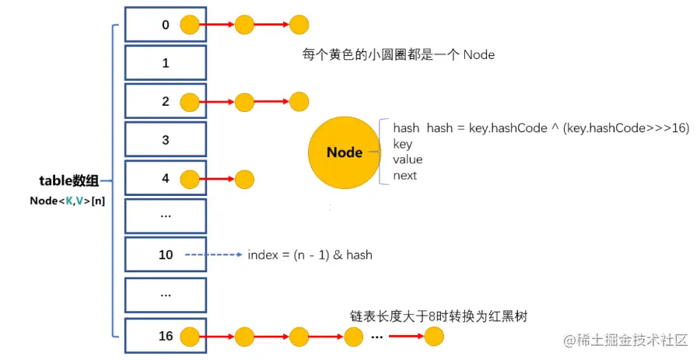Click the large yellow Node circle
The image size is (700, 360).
point(345,152)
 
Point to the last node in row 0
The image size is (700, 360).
point(299,25)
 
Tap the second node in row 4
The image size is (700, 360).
point(244,179)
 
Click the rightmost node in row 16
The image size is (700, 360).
point(434,337)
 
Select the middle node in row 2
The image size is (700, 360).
point(244,102)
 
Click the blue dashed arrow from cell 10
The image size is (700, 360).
point(215,255)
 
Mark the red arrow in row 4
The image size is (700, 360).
point(217,179)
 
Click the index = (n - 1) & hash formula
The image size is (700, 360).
point(310,255)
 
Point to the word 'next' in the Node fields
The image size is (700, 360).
point(405,176)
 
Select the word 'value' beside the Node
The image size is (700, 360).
point(408,160)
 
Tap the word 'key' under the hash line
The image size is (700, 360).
point(403,145)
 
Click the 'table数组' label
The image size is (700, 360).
point(69,182)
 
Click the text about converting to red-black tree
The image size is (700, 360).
point(444,316)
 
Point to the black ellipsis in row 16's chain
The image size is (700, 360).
point(376,337)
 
